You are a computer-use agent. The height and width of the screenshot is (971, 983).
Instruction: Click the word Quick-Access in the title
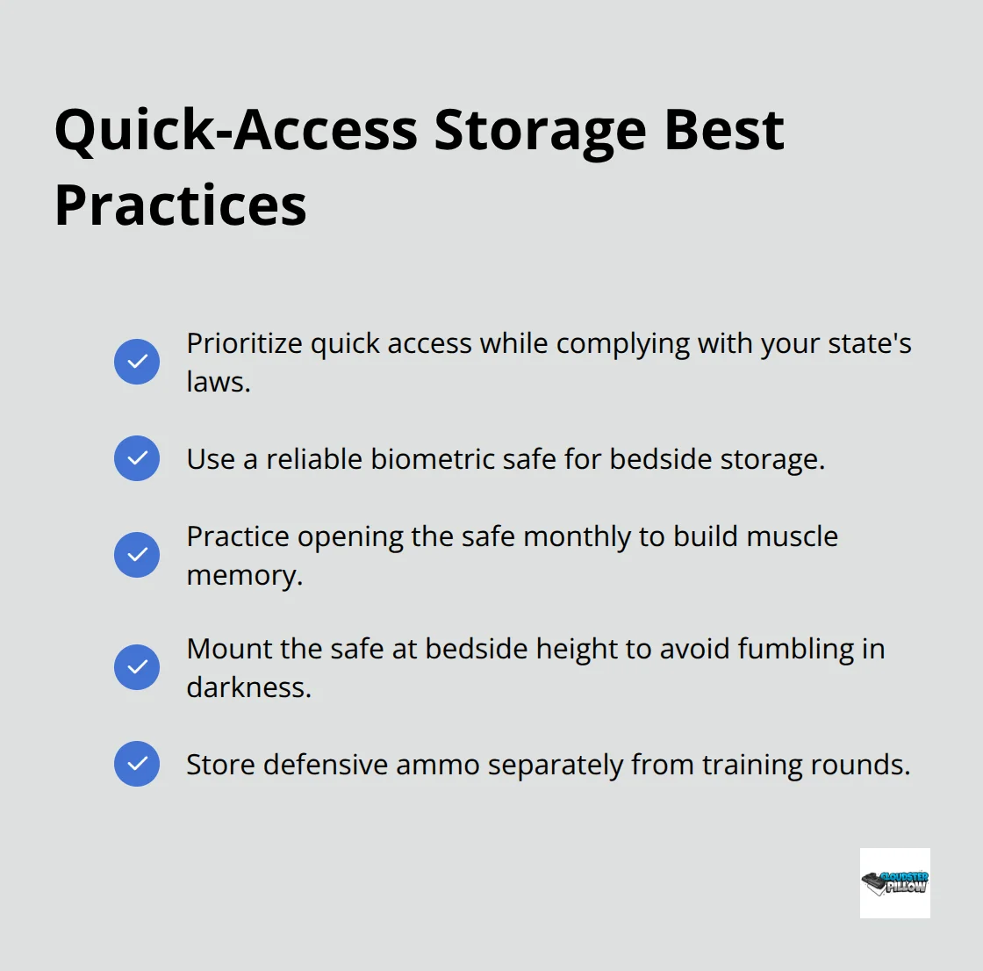coord(236,131)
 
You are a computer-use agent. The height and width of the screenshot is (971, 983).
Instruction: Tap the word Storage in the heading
coord(540,133)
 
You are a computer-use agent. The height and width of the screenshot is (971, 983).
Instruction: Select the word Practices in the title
coord(181,205)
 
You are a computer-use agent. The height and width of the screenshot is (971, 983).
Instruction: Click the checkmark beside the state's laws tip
coord(137,362)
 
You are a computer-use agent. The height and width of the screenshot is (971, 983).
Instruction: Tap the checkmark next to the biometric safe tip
coord(137,458)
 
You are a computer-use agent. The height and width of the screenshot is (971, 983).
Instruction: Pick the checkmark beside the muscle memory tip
coord(137,555)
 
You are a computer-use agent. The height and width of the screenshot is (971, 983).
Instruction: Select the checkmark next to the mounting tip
coord(137,667)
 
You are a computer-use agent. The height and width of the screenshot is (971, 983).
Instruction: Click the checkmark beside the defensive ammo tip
coord(137,764)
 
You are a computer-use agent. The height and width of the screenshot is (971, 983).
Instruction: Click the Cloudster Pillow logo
coord(894,883)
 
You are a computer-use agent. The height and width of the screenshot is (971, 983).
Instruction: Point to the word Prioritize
coord(245,344)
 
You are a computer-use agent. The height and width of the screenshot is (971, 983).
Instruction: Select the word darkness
coord(249,687)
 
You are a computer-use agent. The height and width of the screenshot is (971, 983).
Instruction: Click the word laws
coord(219,382)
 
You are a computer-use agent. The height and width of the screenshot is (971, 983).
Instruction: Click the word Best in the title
coord(724,131)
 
